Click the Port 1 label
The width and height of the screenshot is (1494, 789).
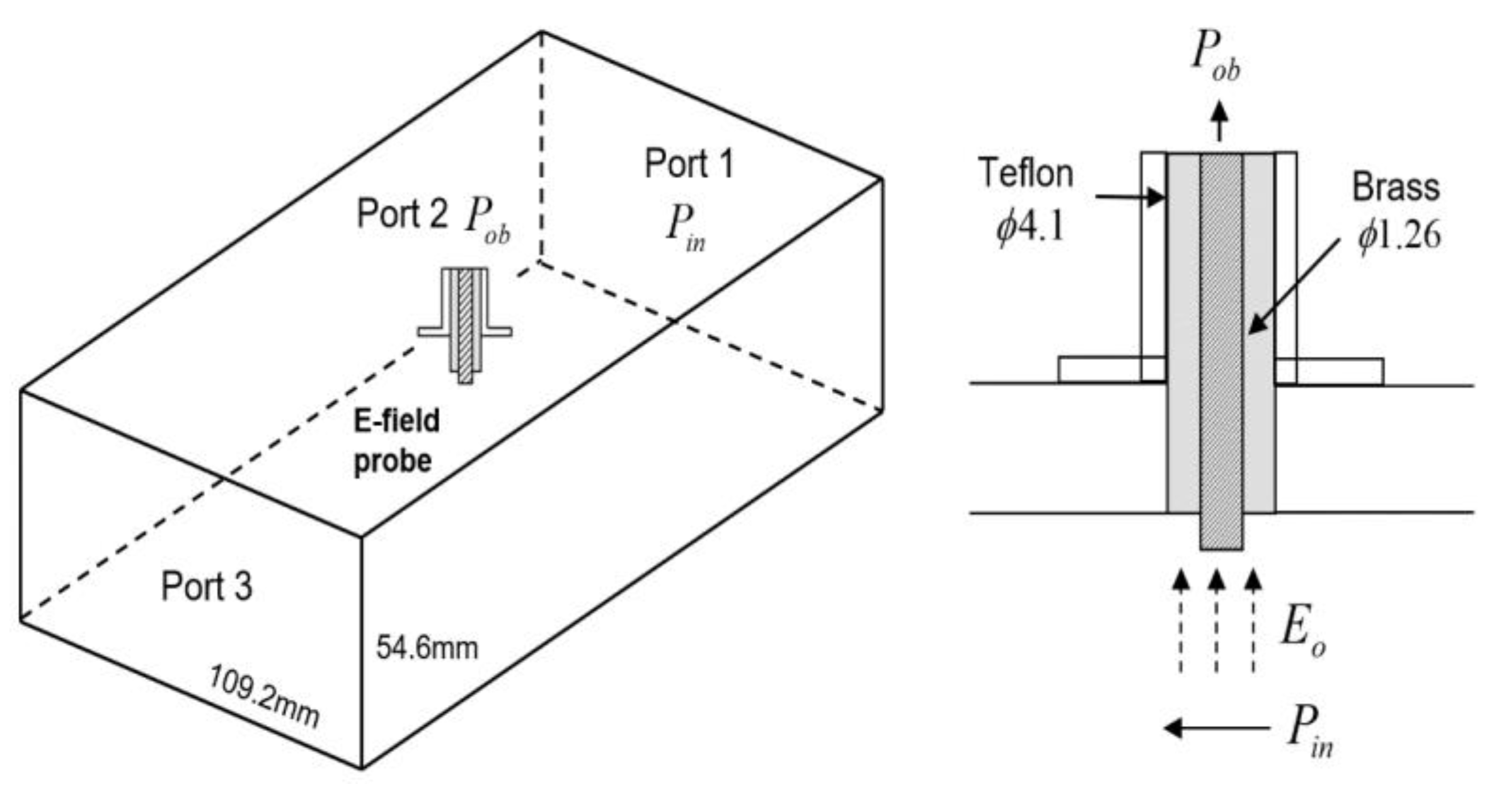pyautogui.click(x=689, y=164)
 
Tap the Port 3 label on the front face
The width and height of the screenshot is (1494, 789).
pyautogui.click(x=207, y=586)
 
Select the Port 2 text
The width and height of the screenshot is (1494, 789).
pyautogui.click(x=402, y=214)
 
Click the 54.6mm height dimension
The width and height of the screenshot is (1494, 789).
pyautogui.click(x=427, y=647)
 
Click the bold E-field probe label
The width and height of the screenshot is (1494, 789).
pyautogui.click(x=396, y=441)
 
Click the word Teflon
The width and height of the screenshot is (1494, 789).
pyautogui.click(x=1025, y=173)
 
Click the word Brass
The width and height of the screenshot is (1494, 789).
pyautogui.click(x=1396, y=187)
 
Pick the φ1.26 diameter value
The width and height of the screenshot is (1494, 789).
pyautogui.click(x=1399, y=236)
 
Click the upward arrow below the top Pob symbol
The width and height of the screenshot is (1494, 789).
pyautogui.click(x=1221, y=121)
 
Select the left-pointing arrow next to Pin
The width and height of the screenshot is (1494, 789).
pyautogui.click(x=1216, y=728)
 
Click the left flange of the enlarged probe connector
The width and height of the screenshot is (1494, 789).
pyautogui.click(x=1099, y=370)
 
